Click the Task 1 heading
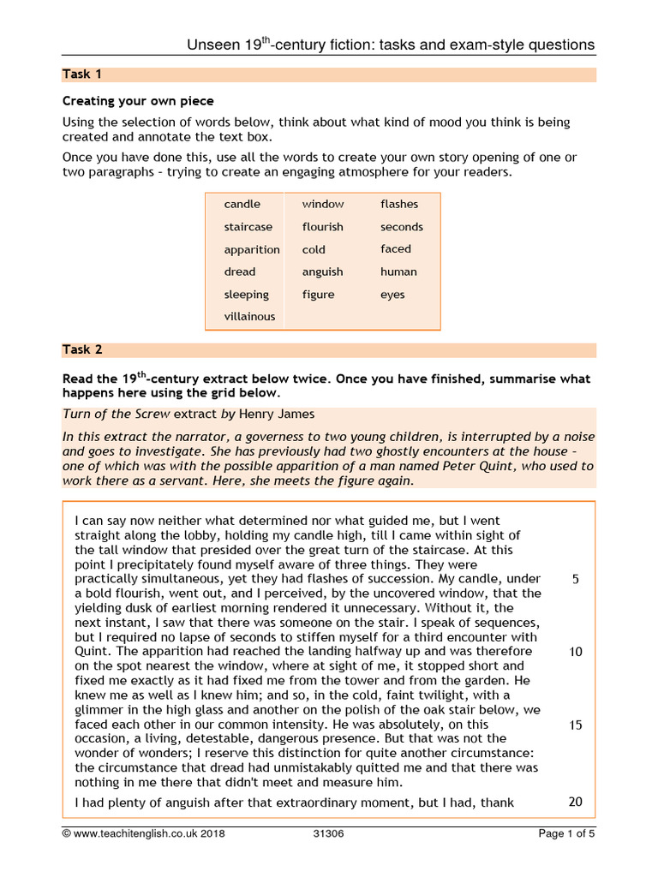(x=76, y=75)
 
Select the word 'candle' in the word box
(x=242, y=204)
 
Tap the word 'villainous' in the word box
(x=249, y=316)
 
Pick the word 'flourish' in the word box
(x=322, y=227)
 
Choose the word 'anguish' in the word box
(x=322, y=271)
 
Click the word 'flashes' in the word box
(x=399, y=204)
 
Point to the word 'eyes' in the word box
(x=392, y=295)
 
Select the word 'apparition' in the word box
(x=252, y=249)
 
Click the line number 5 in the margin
(x=575, y=579)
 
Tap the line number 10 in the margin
(x=575, y=652)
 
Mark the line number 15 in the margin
(x=575, y=725)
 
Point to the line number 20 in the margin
(x=575, y=802)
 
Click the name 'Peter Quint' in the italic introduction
(x=499, y=466)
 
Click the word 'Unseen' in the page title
(x=213, y=45)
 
